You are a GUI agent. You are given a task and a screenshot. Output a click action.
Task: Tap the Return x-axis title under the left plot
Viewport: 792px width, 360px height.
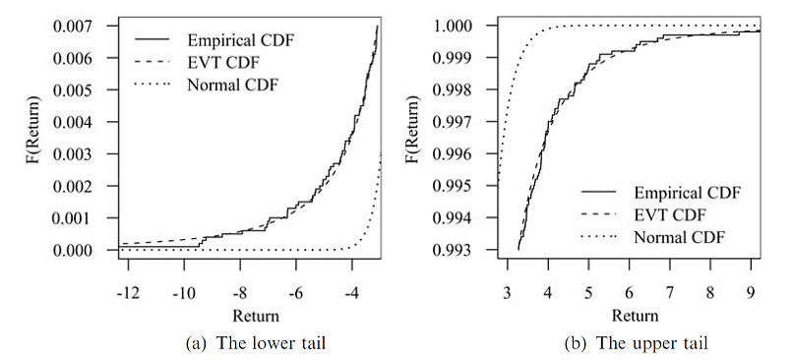[x=255, y=317]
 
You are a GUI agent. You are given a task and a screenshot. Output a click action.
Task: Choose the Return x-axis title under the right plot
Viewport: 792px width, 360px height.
[x=634, y=317]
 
